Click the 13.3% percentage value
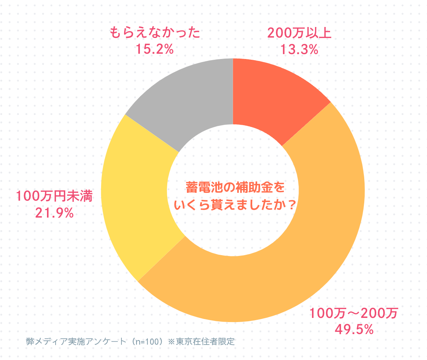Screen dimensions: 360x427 299,49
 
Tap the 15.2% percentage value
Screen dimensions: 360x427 154,49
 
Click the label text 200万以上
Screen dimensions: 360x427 299,33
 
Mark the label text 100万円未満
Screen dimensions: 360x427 54,197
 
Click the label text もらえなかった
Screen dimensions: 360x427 154,33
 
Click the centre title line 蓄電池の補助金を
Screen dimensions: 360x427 233,187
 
